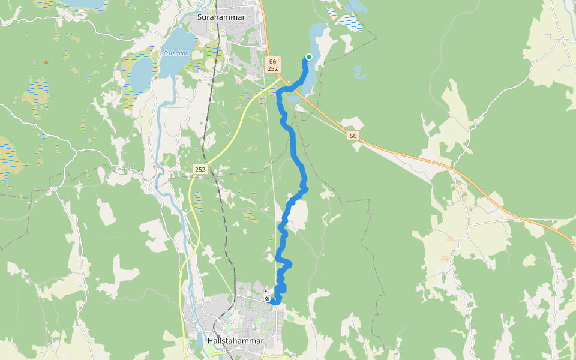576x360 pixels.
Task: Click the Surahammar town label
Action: click(x=217, y=17)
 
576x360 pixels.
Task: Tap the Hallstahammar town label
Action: click(x=235, y=340)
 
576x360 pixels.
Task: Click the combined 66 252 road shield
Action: click(x=273, y=65)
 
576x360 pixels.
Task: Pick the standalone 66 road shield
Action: click(x=353, y=136)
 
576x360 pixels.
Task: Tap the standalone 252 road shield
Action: click(x=200, y=170)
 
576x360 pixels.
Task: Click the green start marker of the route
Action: click(x=309, y=57)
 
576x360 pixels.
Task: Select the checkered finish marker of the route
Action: click(x=267, y=299)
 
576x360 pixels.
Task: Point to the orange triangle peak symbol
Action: click(x=46, y=62)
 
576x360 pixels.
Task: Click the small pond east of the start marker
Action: click(x=359, y=73)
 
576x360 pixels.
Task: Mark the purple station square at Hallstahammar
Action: click(x=229, y=311)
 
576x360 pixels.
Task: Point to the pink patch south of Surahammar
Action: click(x=239, y=80)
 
